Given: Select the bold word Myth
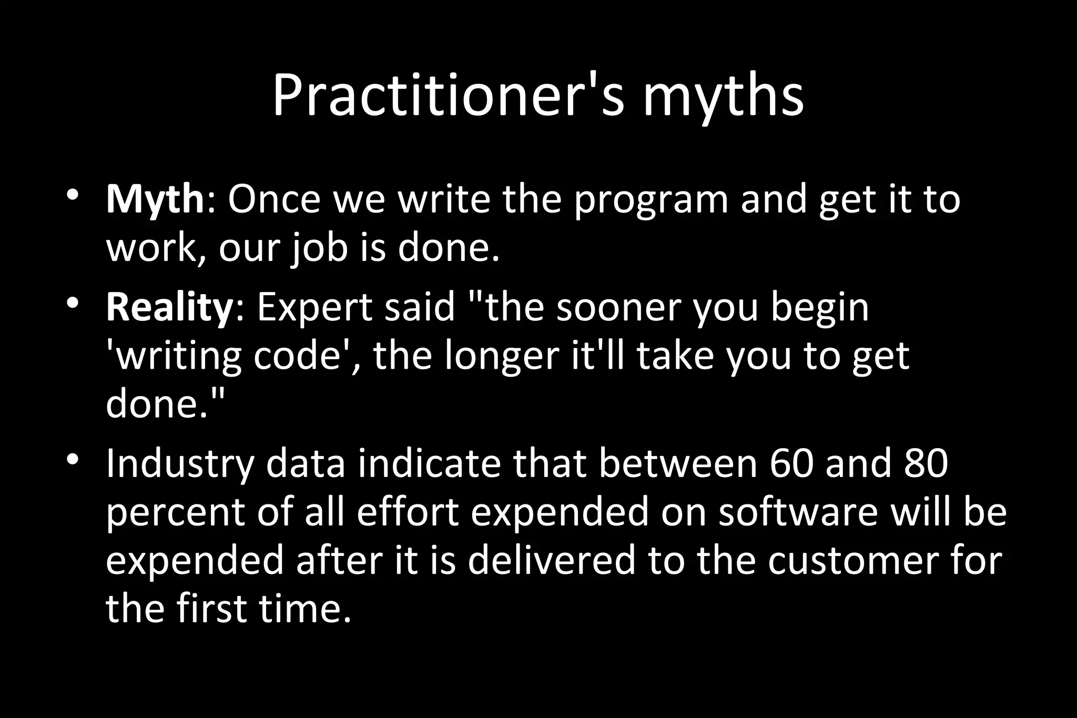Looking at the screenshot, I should pos(155,200).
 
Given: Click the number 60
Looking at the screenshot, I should pos(790,463).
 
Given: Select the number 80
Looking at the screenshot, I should pos(926,463).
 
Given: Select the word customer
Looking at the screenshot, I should pos(849,560).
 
